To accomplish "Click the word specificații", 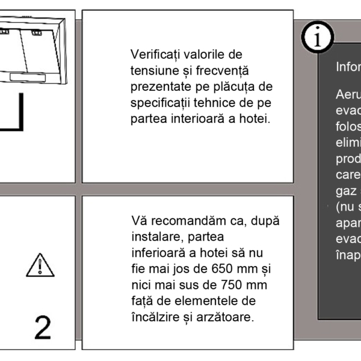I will (159, 102).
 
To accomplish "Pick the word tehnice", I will (215, 102).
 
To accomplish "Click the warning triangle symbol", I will (40, 265).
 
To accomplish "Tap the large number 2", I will (43, 327).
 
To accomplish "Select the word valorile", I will (205, 55).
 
